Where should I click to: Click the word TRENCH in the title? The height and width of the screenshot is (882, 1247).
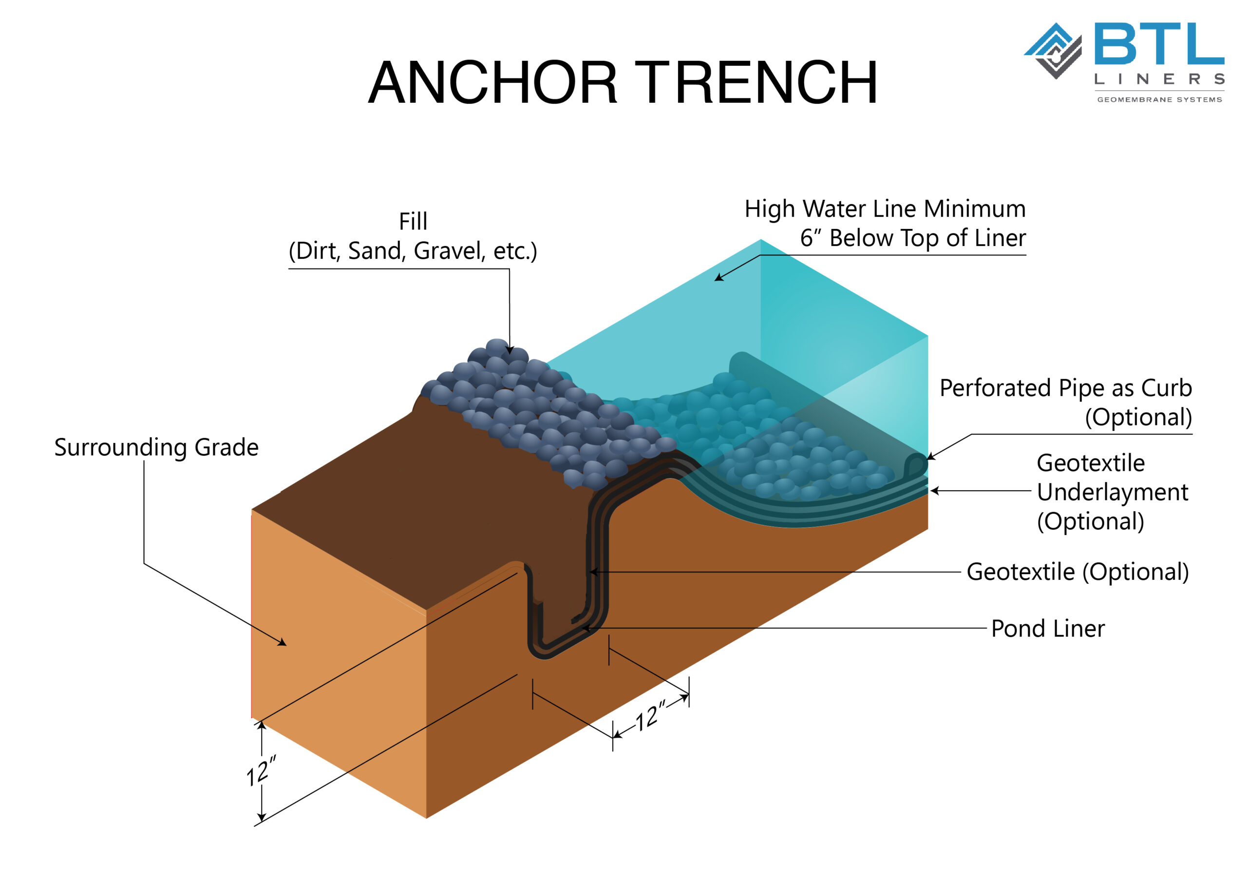756,83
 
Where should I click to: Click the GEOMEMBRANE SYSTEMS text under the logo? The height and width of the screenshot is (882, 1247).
1159,100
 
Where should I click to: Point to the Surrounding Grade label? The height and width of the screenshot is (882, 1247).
156,448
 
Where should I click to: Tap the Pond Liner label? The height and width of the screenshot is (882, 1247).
1048,629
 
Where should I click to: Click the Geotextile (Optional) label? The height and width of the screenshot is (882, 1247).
1077,572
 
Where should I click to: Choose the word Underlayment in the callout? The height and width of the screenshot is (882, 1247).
1112,492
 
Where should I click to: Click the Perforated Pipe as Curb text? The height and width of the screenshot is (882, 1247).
1066,388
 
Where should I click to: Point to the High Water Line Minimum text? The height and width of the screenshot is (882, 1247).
885,209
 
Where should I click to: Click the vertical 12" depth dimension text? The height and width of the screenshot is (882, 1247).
261,770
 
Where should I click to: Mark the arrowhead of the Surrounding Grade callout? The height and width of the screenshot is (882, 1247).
283,643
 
